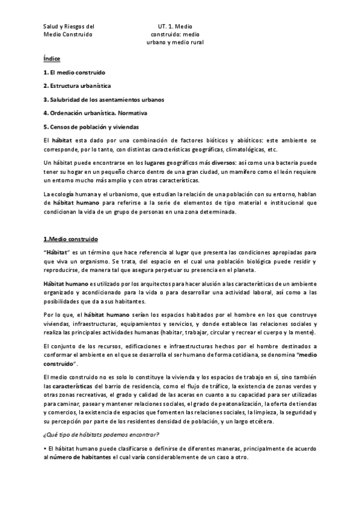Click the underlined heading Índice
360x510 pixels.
point(52,59)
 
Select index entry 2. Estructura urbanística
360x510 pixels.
point(77,86)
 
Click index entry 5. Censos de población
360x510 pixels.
point(91,127)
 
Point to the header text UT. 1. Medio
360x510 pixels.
point(174,26)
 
